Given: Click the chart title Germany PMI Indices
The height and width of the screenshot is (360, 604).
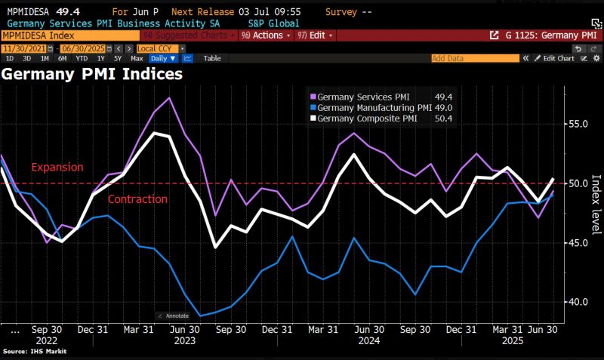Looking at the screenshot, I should (91, 74).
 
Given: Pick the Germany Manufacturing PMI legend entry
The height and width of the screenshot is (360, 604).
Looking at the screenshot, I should (370, 107).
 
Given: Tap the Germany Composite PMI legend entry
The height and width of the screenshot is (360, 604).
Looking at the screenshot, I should (366, 118).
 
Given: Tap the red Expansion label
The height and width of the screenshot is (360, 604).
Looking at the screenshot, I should (57, 167).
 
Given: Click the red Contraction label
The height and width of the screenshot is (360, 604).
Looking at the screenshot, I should (137, 199).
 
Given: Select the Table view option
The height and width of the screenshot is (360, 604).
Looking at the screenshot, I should (212, 58).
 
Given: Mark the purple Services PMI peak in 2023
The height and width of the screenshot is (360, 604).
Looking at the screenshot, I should (169, 98).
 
